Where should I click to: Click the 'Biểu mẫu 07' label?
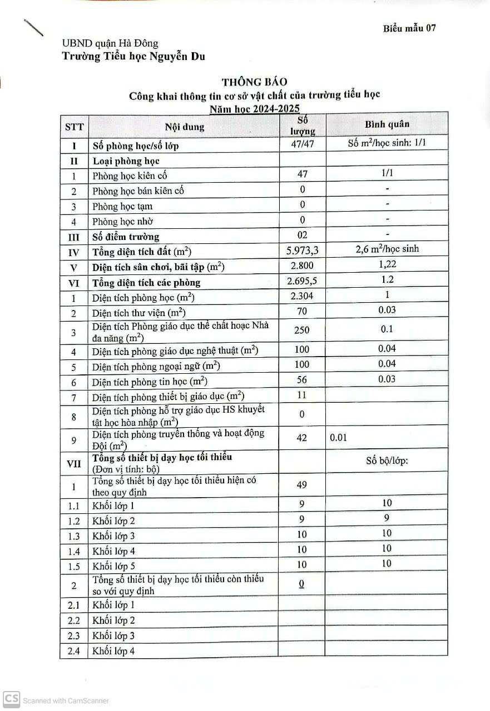pos(409,29)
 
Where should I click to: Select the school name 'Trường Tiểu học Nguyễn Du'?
pos(133,56)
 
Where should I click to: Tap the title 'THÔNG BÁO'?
pos(255,82)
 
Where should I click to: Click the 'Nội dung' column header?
pos(185,127)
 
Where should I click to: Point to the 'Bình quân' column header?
pos(387,124)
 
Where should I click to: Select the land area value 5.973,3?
pos(302,251)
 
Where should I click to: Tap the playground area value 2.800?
pos(302,266)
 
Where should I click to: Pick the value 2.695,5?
pos(302,281)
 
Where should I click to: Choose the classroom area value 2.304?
pos(302,296)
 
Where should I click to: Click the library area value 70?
pos(302,312)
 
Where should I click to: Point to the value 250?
pos(302,330)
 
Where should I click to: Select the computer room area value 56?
pos(302,380)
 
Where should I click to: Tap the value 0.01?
pos(338,438)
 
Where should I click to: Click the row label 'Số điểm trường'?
pos(126,237)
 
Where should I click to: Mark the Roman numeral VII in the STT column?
pos(73,463)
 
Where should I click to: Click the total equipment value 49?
pos(302,485)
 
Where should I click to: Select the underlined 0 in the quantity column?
pos(301,584)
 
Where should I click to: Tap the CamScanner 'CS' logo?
pos(11,699)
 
